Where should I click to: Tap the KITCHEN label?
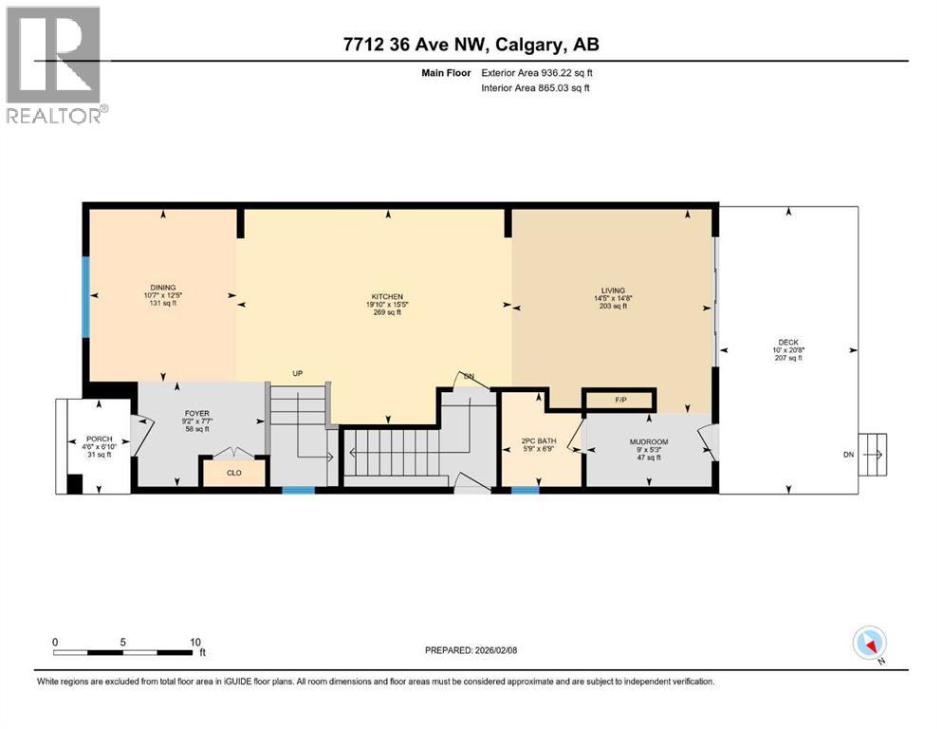(x=388, y=296)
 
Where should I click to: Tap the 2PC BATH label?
(x=538, y=440)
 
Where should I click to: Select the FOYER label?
(x=195, y=414)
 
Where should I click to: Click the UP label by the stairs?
(x=297, y=374)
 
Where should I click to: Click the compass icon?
(x=869, y=644)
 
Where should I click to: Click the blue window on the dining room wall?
(x=84, y=296)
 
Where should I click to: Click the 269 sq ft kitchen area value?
(x=388, y=312)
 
